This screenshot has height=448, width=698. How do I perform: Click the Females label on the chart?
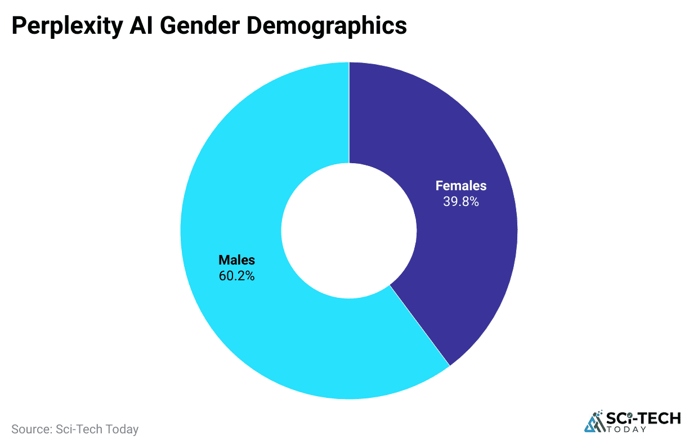[x=460, y=186]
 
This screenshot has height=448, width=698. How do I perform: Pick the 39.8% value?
[x=460, y=201]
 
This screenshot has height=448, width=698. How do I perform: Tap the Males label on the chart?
[x=236, y=260]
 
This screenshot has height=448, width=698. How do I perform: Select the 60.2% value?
[x=236, y=276]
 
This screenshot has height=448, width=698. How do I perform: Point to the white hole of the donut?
[x=349, y=231]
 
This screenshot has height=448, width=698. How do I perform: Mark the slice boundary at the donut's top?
[x=349, y=113]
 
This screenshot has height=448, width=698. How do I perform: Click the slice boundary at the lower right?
[x=419, y=325]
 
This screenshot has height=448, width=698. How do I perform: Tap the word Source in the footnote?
[x=31, y=429]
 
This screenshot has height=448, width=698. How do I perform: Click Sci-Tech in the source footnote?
[x=79, y=429]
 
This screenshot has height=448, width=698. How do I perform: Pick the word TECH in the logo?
[x=659, y=418]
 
